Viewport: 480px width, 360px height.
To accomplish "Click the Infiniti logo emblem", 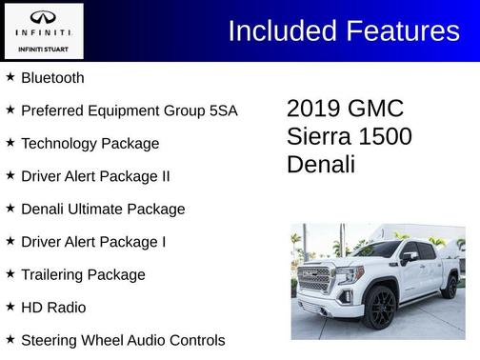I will pyautogui.click(x=42, y=17).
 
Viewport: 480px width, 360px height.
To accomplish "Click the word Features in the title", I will pyautogui.click(x=402, y=30).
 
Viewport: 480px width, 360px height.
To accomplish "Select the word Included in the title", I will pyautogui.click(x=282, y=30).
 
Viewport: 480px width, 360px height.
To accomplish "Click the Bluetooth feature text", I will pyautogui.click(x=52, y=78).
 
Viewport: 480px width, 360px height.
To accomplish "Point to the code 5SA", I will pyautogui.click(x=220, y=110).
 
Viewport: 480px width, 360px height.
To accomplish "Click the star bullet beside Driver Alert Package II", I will pyautogui.click(x=10, y=175).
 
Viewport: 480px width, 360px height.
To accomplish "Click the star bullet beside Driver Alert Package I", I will pyautogui.click(x=10, y=241).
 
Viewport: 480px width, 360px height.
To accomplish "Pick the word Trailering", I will pyautogui.click(x=54, y=274).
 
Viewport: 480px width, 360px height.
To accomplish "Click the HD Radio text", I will pyautogui.click(x=53, y=308).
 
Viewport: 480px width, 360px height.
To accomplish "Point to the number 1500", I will pyautogui.click(x=387, y=136).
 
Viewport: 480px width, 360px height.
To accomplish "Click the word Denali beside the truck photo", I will pyautogui.click(x=321, y=164).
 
